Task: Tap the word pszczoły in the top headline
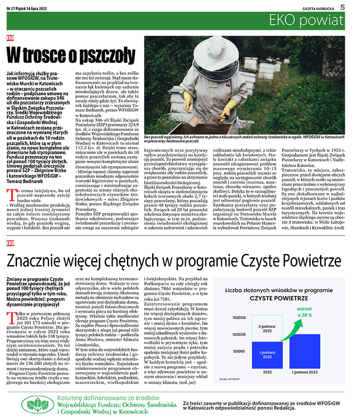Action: tap(107, 56)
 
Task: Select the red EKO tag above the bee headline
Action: tap(10, 38)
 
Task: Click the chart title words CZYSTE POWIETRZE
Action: tap(279, 298)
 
